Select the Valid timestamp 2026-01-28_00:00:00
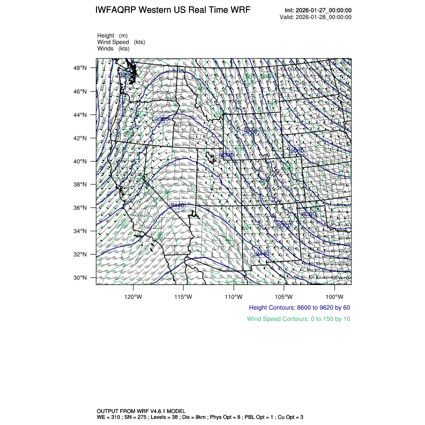pyautogui.click(x=324, y=17)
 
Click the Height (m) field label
pyautogui.click(x=112, y=35)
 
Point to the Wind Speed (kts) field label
pyautogui.click(x=121, y=42)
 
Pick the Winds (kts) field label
pyautogui.click(x=113, y=48)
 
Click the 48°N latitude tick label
pyautogui.click(x=80, y=68)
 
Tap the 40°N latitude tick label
pyautogui.click(x=80, y=161)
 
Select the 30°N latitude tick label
pyautogui.click(x=80, y=278)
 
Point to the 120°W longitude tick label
pyautogui.click(x=133, y=296)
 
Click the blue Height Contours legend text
pyautogui.click(x=299, y=307)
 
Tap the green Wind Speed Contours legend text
pyautogui.click(x=298, y=319)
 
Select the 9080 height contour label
pyautogui.click(x=296, y=150)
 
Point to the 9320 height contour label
pyautogui.click(x=162, y=119)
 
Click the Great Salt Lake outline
pyautogui.click(x=213, y=157)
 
